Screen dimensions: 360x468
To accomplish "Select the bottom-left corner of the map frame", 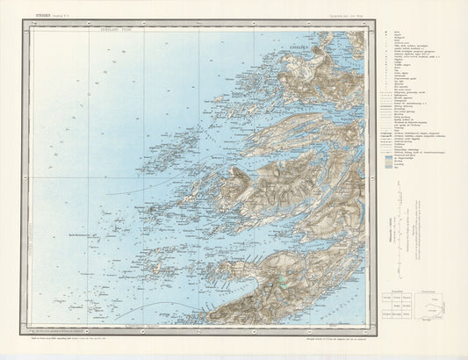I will (29, 331).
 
